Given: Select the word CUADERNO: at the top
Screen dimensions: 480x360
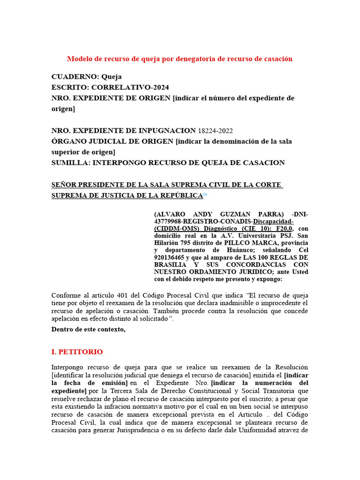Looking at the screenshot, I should [x=73, y=76].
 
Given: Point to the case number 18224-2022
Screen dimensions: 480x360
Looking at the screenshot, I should [x=215, y=130].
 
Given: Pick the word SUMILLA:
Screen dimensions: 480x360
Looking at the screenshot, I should [x=71, y=163].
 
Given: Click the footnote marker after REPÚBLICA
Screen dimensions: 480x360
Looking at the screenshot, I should [x=205, y=194].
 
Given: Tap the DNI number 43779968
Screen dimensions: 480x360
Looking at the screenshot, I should [x=169, y=221].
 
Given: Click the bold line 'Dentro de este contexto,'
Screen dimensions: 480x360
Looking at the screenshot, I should [x=89, y=329].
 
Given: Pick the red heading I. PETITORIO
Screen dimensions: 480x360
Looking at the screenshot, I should [x=77, y=352].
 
